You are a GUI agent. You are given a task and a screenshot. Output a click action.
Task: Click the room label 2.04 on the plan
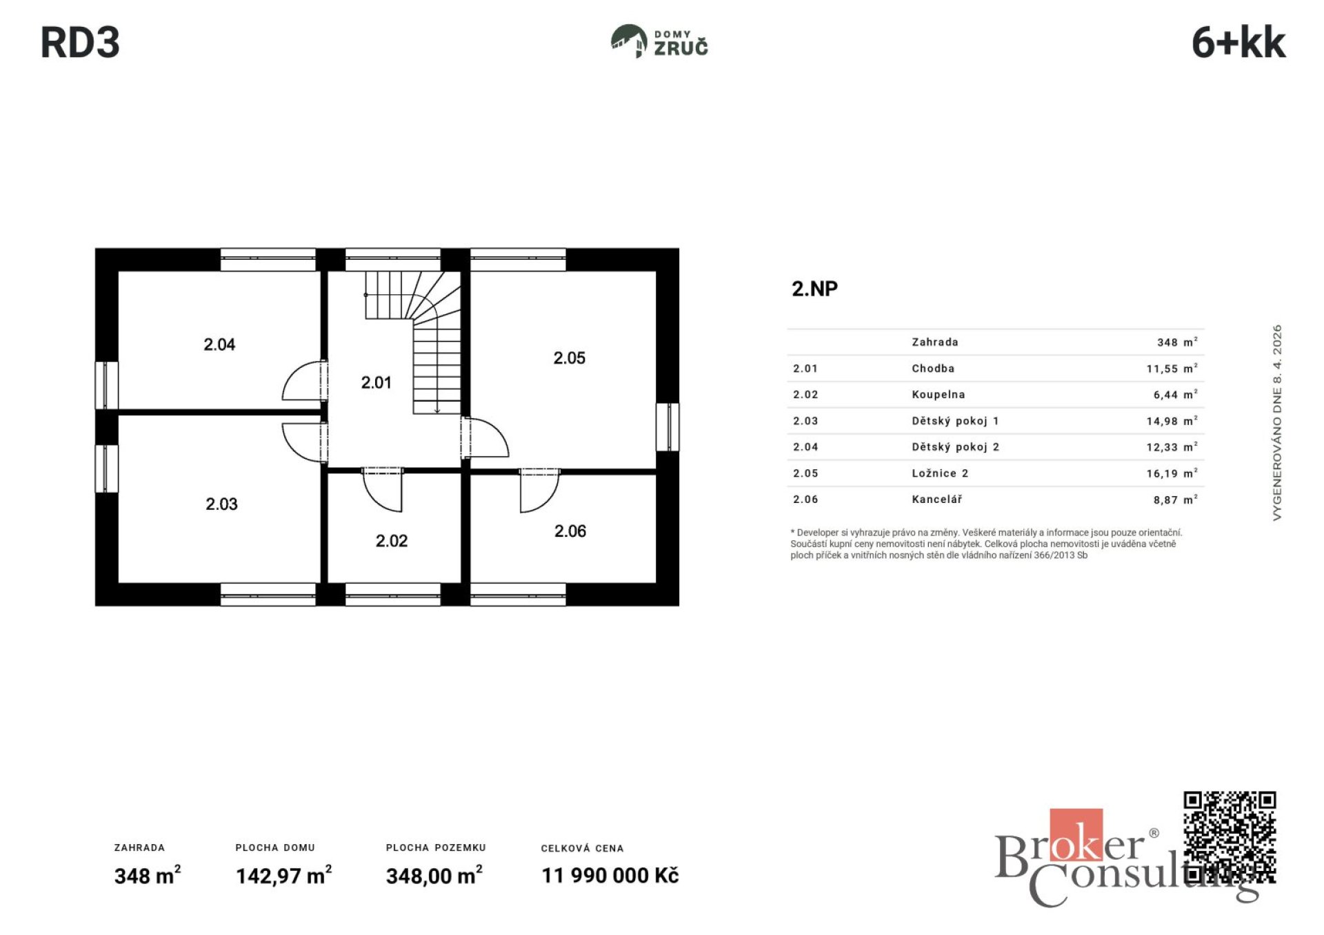[x=219, y=345]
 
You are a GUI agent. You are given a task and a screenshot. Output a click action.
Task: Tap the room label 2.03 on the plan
[x=221, y=504]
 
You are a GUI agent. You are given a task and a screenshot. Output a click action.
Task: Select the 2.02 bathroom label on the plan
[x=392, y=541]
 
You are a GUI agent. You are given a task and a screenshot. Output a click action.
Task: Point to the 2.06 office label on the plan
[x=570, y=531]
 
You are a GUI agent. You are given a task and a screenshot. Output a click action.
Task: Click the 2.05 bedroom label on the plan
[x=570, y=358]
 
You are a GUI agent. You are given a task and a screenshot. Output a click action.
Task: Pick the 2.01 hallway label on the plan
[x=377, y=382]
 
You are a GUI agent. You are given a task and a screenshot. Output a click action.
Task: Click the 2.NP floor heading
[x=814, y=289]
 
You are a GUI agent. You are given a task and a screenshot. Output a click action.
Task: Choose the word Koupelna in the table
[x=938, y=395]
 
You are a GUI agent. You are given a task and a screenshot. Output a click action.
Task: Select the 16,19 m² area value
[x=1172, y=473]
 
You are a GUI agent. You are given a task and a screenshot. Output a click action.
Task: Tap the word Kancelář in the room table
[x=936, y=499]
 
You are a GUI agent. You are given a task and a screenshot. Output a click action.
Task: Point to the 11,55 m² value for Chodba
[x=1172, y=369]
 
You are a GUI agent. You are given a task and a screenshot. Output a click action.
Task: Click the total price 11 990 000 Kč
[x=610, y=876]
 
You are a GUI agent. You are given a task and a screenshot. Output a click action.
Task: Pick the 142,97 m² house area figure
[x=283, y=875]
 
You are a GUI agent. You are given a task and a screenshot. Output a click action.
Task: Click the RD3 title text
[x=80, y=43]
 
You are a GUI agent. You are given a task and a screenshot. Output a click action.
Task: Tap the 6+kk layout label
[x=1238, y=43]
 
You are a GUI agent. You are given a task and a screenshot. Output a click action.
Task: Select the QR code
[x=1230, y=838]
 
